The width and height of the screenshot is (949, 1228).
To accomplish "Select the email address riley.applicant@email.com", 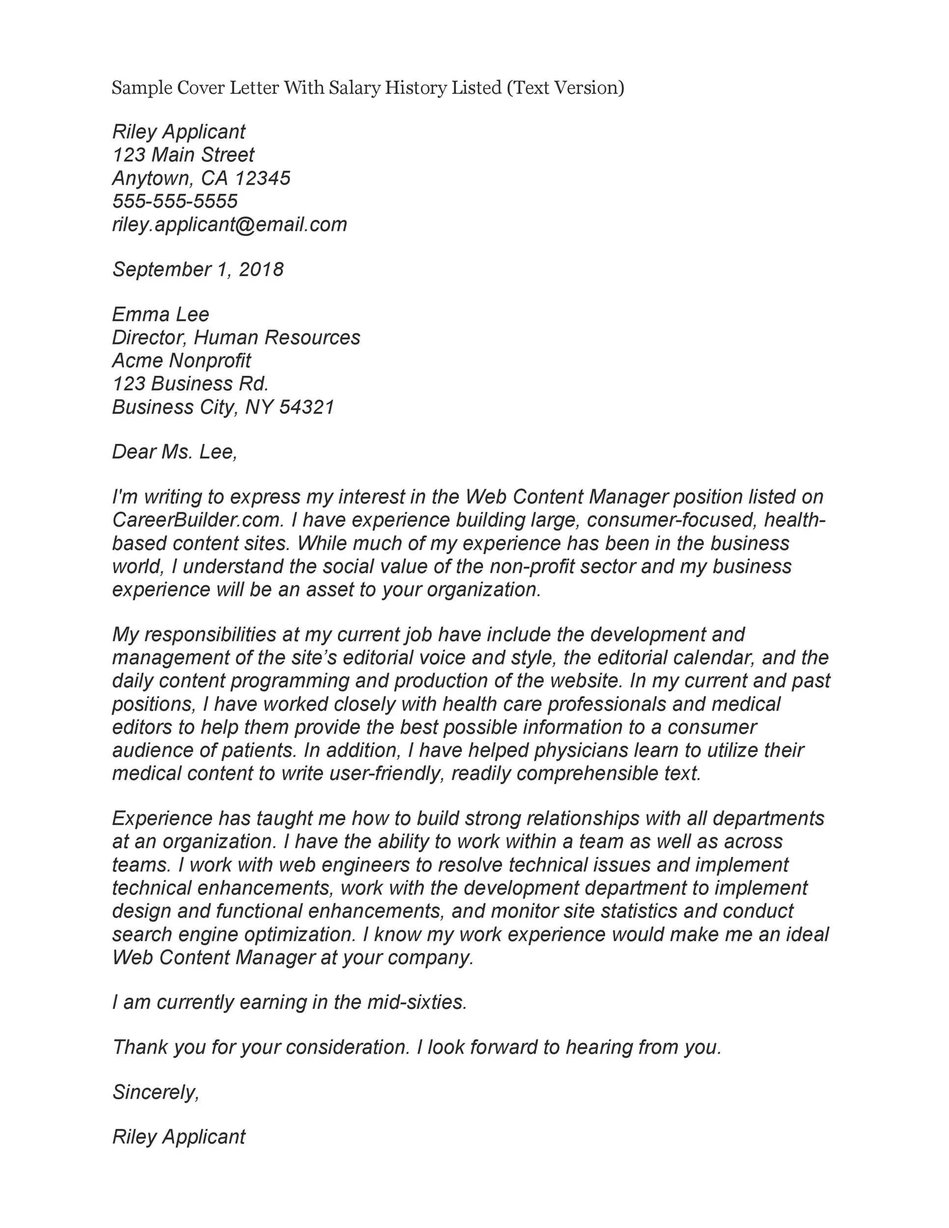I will pyautogui.click(x=229, y=224).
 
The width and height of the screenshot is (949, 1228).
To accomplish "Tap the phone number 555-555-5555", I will pyautogui.click(x=175, y=201).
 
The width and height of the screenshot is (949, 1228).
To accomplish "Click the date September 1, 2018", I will pyautogui.click(x=198, y=269).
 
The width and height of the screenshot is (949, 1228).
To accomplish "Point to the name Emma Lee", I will pyautogui.click(x=160, y=314).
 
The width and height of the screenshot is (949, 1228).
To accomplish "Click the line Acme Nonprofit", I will pyautogui.click(x=181, y=361).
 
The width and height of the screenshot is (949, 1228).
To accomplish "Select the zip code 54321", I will pyautogui.click(x=307, y=407).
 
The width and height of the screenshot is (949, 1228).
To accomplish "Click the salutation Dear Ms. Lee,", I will pyautogui.click(x=174, y=452).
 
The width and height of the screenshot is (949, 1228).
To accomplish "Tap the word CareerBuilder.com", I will pyautogui.click(x=197, y=520).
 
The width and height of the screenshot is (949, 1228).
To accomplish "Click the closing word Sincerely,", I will pyautogui.click(x=156, y=1092).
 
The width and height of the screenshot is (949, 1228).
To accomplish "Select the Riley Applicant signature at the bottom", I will pyautogui.click(x=179, y=1137).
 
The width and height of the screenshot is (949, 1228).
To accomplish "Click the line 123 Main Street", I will pyautogui.click(x=183, y=155).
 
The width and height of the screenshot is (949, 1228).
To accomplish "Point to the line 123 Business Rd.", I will pyautogui.click(x=190, y=384).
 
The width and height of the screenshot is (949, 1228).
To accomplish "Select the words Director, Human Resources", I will pyautogui.click(x=236, y=337).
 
